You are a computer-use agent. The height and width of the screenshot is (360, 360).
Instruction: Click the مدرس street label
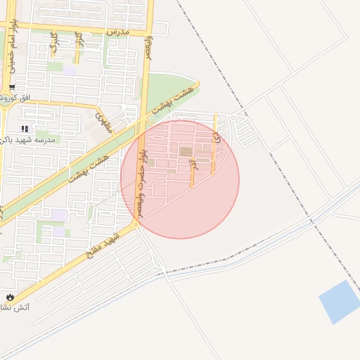coord(118,32)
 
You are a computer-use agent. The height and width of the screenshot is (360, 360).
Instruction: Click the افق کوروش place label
coord(18,99)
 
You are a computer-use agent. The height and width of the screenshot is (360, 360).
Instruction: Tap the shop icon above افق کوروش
coord(13,87)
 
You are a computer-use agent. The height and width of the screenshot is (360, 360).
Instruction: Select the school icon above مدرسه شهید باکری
coord(25,129)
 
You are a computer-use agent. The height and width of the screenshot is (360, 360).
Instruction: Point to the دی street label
coord(217,139)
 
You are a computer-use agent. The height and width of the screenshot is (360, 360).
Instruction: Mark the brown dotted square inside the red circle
coord(186,151)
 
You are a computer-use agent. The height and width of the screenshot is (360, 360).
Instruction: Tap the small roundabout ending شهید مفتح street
coord(138,224)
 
